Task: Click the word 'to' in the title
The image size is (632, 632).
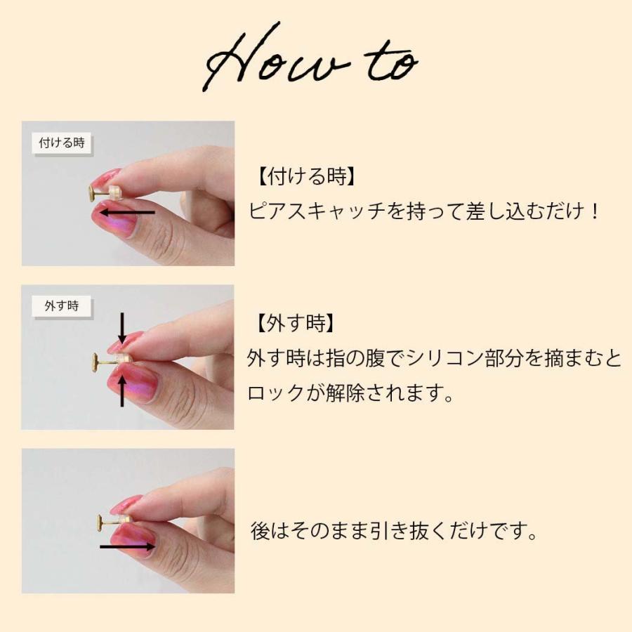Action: (x=390, y=65)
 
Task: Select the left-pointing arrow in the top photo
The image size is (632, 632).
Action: (x=126, y=211)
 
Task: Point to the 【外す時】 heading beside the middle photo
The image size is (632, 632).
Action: (x=291, y=324)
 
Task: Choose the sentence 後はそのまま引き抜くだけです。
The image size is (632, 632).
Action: (x=394, y=530)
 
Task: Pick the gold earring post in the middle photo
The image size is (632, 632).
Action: (x=105, y=360)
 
